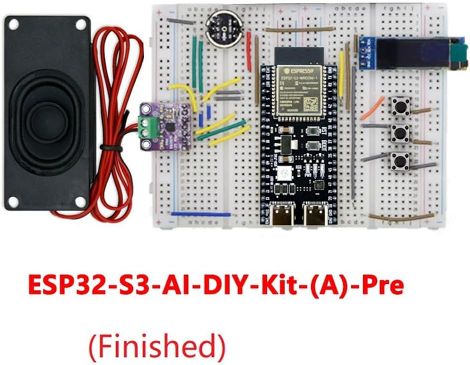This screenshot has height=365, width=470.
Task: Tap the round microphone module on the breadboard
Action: coord(224,29)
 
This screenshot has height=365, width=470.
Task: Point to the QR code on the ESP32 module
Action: coord(310,103)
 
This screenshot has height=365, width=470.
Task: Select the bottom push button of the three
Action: coord(400,161)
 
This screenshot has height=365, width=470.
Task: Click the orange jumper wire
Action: coord(372,108)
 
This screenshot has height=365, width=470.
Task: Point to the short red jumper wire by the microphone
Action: coord(248,45)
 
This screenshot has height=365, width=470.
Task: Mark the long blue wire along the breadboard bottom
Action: coord(200,214)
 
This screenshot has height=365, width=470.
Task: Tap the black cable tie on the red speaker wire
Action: coord(111,148)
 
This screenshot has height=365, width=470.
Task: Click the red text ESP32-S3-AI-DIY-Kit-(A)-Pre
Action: coord(215,285)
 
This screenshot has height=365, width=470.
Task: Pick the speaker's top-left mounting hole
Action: coord(14,23)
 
